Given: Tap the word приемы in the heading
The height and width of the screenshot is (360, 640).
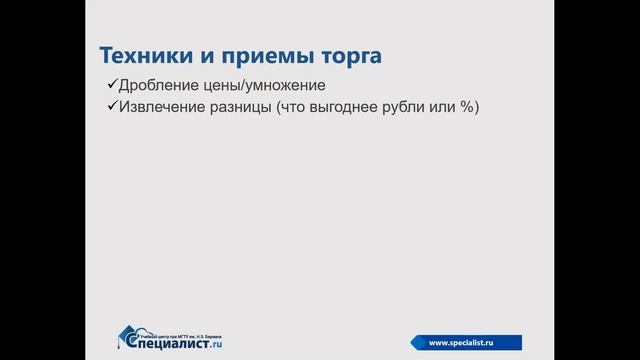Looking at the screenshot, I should click(244, 53).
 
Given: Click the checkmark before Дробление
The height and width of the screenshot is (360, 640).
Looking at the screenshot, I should click(111, 85).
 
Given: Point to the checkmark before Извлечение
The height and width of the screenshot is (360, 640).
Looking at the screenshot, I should click(111, 107).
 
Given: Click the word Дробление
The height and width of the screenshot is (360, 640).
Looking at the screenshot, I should click(157, 85).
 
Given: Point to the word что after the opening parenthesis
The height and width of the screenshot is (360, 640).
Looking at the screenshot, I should click(304, 107).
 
